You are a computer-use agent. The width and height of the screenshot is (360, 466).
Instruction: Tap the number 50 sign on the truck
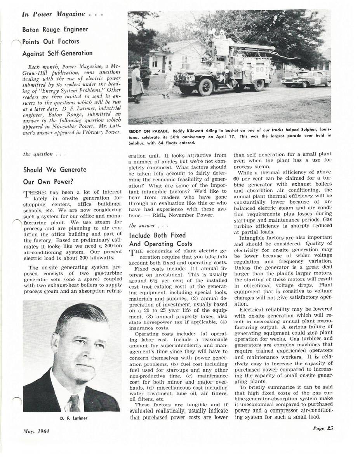[258, 71]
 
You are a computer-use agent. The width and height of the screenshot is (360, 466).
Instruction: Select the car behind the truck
[306, 79]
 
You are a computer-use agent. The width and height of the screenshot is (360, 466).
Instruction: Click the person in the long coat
[137, 83]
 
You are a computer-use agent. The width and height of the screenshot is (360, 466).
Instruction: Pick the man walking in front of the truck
[169, 81]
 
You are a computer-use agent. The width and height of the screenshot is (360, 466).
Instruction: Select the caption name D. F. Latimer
[72, 418]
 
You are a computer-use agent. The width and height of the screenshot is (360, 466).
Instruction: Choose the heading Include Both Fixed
[157, 235]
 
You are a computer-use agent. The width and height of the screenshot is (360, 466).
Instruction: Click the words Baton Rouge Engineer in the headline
[55, 30]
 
